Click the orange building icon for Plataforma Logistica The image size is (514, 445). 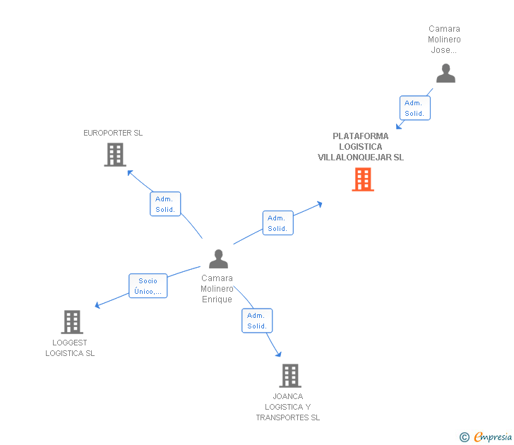[363, 179]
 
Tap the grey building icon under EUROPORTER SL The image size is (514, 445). [115, 155]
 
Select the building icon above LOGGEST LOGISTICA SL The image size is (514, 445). [71, 322]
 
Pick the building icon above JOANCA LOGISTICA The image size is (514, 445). [289, 376]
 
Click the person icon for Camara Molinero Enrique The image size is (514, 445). [218, 259]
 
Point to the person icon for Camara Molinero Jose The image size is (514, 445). [446, 73]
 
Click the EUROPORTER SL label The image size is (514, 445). [113, 133]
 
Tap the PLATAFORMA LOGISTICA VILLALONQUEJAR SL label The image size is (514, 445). [360, 147]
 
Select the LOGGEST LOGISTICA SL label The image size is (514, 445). [70, 348]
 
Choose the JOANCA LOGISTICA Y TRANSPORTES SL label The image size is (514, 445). [287, 407]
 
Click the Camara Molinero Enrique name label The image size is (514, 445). [217, 289]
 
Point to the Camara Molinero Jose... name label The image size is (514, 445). [444, 40]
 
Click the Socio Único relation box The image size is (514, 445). [148, 286]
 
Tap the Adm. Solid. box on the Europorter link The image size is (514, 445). [165, 204]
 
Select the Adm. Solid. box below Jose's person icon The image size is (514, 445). [414, 108]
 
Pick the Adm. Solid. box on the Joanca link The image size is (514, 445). [257, 321]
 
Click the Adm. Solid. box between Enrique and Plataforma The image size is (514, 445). [277, 223]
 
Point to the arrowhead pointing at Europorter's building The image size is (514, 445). [128, 171]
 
